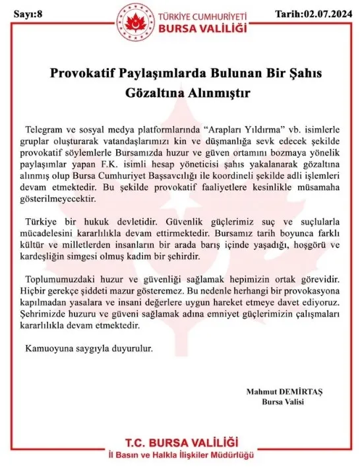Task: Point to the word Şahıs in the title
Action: tap(293, 73)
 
